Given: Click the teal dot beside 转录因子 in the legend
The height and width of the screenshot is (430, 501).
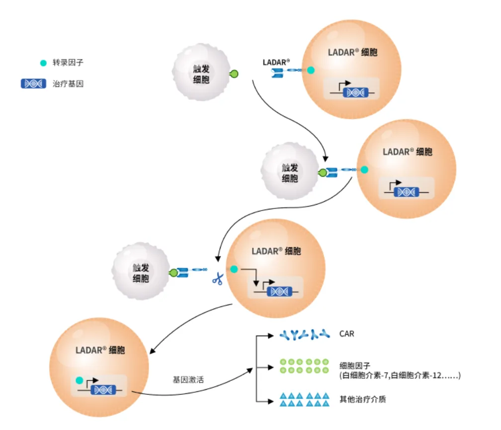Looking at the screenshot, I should click(43, 63).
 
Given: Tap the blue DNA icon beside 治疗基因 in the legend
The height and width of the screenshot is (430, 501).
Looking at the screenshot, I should click(33, 84).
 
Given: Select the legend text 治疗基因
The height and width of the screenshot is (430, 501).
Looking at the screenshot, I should click(68, 84).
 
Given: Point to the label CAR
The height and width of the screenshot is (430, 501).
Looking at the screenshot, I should click(346, 334).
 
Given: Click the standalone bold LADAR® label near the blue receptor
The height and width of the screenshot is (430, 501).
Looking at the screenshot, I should click(276, 62).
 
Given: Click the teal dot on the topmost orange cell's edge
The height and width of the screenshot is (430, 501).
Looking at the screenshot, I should click(311, 71).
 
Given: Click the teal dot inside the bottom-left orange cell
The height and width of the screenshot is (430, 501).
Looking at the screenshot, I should click(79, 380).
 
